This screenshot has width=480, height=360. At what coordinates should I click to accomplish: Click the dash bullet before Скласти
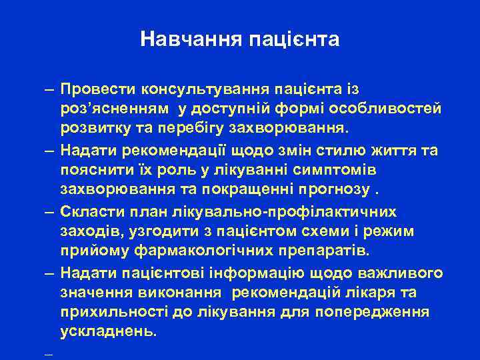51,211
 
